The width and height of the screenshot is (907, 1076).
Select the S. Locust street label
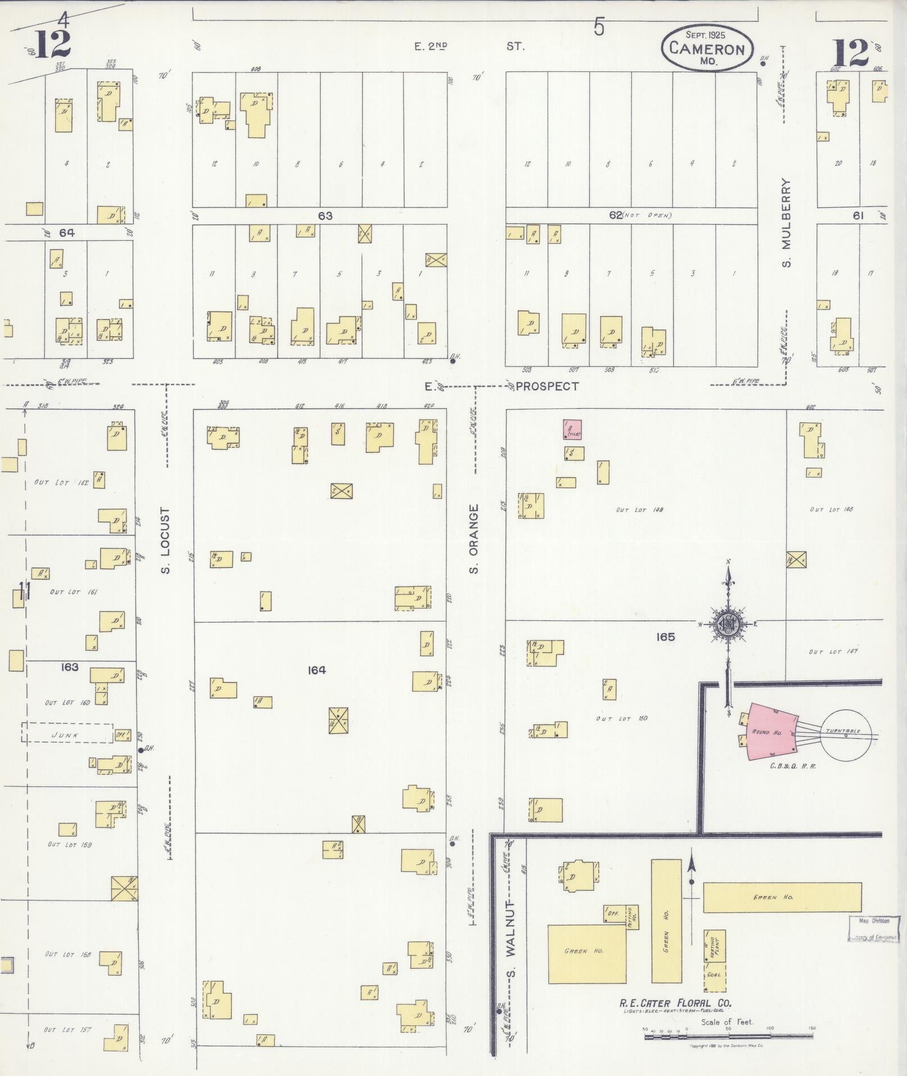click(x=165, y=541)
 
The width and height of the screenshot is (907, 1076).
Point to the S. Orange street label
click(x=474, y=538)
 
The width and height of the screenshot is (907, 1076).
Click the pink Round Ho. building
click(x=769, y=733)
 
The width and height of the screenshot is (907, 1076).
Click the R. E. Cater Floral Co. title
click(x=675, y=1002)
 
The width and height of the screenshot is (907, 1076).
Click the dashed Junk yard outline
click(x=67, y=733)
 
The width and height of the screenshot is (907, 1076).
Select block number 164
click(x=317, y=670)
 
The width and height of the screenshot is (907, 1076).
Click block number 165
click(x=665, y=637)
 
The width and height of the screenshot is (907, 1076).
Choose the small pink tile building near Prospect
click(x=572, y=429)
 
